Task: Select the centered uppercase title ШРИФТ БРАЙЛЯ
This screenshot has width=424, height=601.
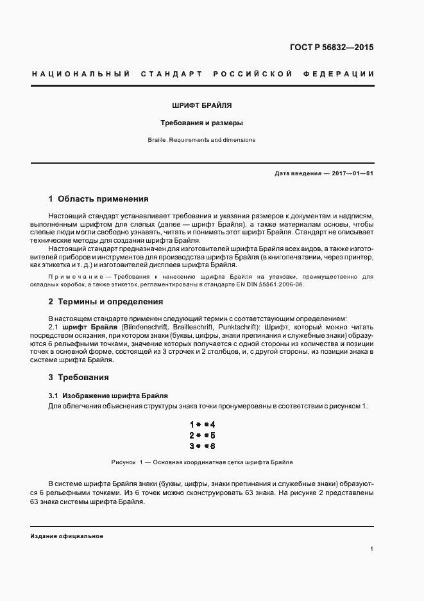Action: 202,104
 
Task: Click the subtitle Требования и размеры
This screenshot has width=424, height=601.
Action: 202,122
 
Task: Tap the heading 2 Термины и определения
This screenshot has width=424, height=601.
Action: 106,301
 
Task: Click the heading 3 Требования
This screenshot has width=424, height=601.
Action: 79,377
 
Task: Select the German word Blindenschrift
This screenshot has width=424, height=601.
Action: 137,327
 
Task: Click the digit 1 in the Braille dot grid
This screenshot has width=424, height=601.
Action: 192,424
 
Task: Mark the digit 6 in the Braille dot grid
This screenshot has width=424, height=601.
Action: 213,446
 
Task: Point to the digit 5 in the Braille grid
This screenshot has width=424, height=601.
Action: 213,435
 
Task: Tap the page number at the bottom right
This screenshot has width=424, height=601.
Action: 372,549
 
